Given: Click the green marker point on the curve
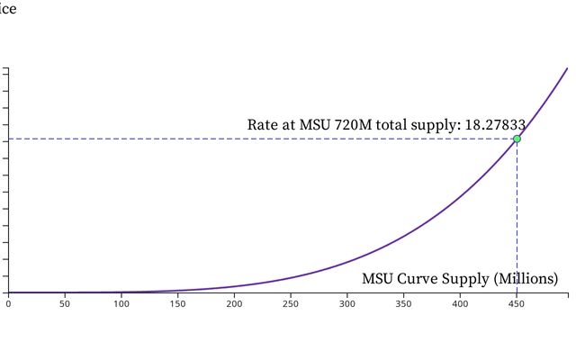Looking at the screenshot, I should click(517, 139).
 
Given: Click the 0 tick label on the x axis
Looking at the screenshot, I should click(8, 304).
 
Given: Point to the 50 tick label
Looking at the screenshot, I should click(64, 304).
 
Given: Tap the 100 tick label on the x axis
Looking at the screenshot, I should click(121, 304).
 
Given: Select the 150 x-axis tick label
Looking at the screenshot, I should click(177, 304).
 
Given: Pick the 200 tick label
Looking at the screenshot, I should click(234, 304).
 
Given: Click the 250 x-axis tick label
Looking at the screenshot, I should click(291, 304).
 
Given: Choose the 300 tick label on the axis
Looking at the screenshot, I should click(347, 304).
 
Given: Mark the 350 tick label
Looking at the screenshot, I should click(403, 304).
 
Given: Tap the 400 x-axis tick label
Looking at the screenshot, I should click(460, 304).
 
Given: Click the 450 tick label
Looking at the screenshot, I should click(517, 304).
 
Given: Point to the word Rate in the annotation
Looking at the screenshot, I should click(263, 124).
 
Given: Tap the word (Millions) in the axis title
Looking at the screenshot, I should click(526, 279).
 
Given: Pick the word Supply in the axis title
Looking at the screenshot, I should click(466, 279).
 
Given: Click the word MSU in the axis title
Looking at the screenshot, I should click(378, 279).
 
